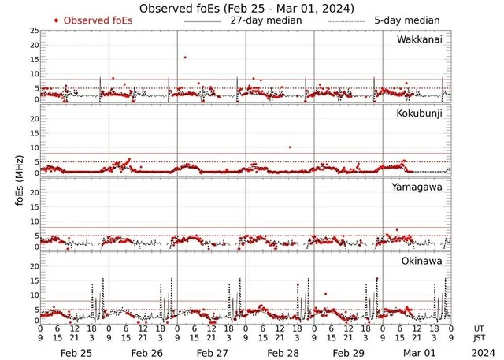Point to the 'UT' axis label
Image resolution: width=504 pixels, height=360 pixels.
479,328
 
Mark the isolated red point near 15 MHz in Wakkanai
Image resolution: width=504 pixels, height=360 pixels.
185,57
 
